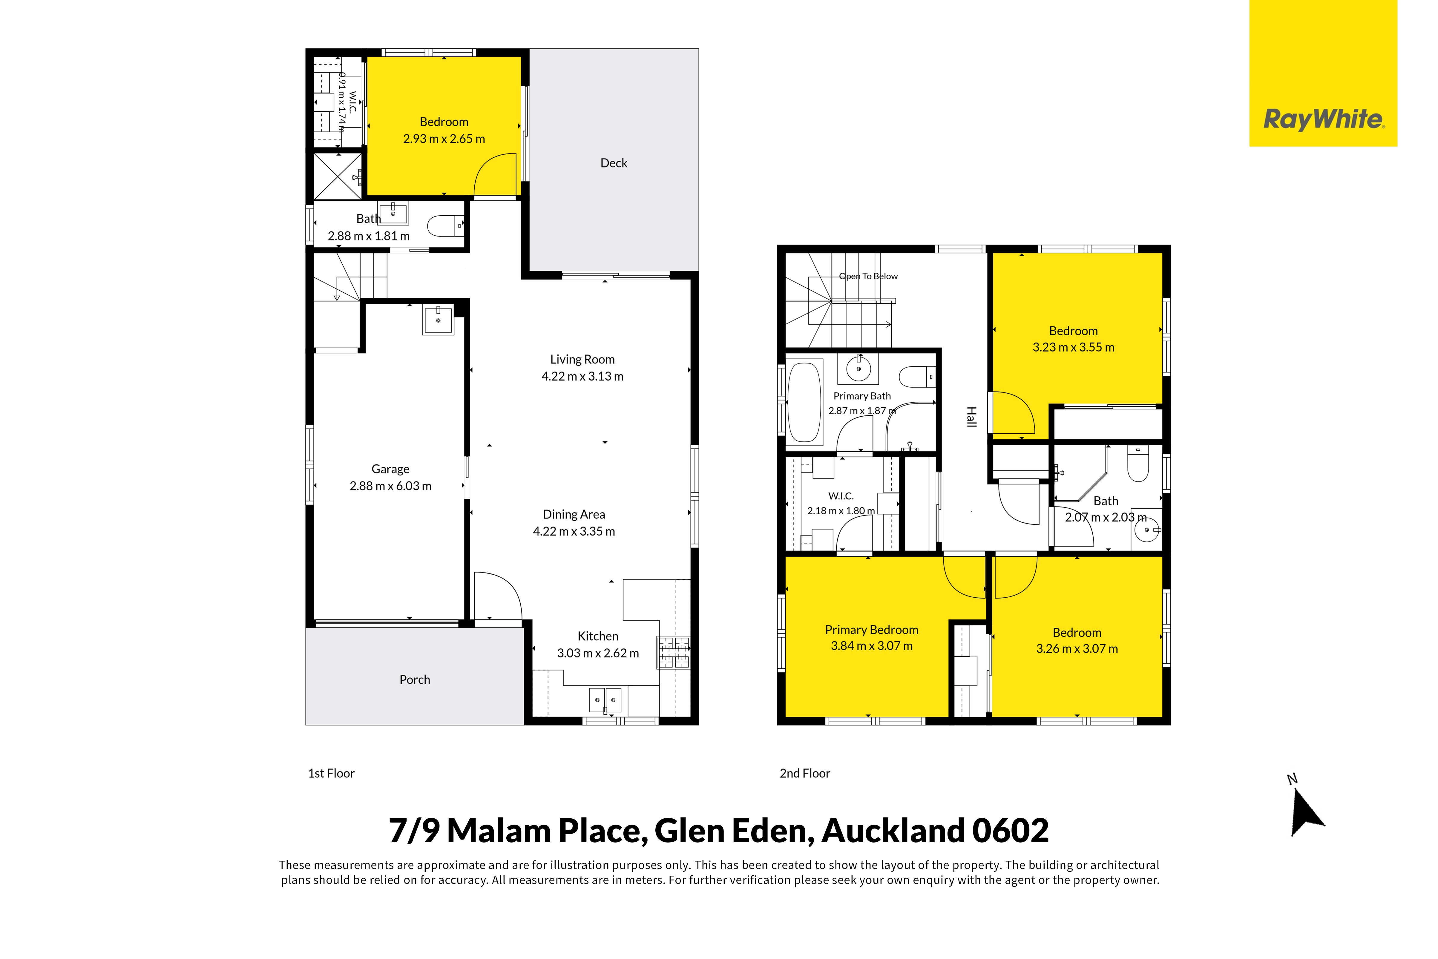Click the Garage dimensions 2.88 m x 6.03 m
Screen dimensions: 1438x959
(x=390, y=486)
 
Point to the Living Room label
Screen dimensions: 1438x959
(x=582, y=360)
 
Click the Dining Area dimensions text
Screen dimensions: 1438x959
(x=574, y=532)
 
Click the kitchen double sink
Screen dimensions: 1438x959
(x=605, y=700)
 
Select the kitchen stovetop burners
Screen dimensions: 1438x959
(x=673, y=653)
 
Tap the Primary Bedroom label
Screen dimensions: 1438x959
(x=872, y=630)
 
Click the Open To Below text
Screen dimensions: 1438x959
(x=869, y=277)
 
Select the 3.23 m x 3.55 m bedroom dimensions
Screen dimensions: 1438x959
(x=1074, y=347)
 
